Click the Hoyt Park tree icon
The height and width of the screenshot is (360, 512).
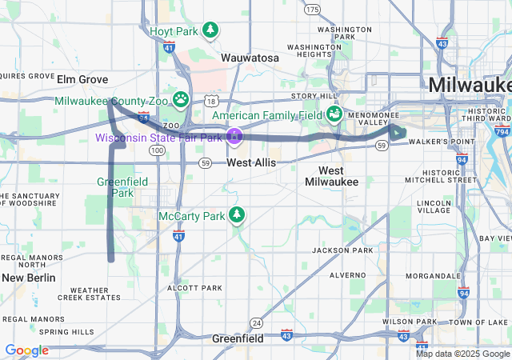pos(210,30)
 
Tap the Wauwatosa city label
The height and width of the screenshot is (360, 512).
pos(250,58)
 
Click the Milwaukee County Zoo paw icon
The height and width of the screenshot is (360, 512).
pos(182,100)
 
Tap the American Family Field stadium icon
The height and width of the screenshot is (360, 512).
pos(334,115)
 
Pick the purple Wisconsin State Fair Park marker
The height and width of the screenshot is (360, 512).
pos(234,137)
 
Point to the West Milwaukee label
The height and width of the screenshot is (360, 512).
pos(331,176)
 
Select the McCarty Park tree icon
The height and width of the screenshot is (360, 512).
pos(236,215)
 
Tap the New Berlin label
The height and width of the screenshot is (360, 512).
pos(29,278)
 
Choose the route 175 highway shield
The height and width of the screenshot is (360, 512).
pos(312,9)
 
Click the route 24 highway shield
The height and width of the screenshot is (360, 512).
pos(256,322)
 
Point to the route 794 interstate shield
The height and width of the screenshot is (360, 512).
pos(502,131)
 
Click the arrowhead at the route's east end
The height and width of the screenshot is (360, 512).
pos(398,133)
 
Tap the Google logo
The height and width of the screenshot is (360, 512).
pos(26,350)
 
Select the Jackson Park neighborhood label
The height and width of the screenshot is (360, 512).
pos(342,250)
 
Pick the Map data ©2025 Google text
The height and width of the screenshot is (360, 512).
pos(462,354)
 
